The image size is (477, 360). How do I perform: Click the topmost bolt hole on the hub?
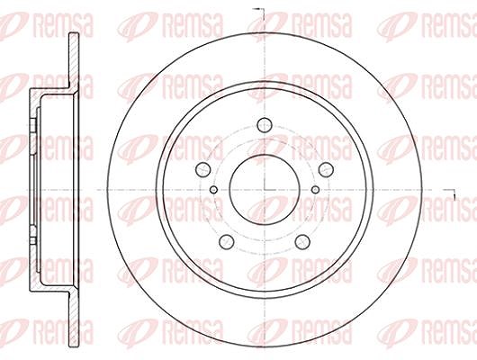[264, 125]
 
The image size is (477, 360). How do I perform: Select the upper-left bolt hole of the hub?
[202, 169]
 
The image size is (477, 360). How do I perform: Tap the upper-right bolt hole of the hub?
[326, 169]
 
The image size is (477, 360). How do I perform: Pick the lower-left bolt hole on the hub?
[227, 241]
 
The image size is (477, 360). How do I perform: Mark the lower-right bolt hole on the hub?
[302, 241]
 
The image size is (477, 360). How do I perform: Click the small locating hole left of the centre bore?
[214, 190]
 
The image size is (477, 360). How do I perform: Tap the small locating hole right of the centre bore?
[316, 190]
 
